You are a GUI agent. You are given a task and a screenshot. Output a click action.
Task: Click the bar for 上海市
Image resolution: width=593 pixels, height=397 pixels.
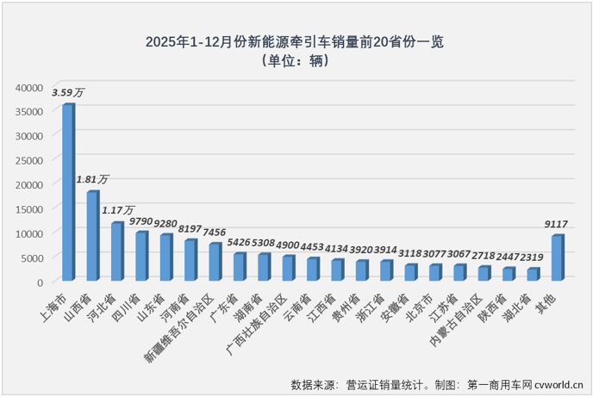[67, 193]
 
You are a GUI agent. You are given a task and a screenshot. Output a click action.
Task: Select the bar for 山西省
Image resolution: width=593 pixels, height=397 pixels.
[92, 236]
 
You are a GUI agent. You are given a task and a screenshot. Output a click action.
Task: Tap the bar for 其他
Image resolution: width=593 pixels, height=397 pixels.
[557, 257]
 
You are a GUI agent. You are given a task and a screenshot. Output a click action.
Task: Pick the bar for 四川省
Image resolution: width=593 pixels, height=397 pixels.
[141, 256]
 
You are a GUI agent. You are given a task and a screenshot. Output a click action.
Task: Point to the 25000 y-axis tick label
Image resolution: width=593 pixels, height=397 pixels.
[28, 160]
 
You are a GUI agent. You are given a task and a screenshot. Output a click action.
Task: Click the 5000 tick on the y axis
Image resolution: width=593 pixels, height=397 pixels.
[31, 257]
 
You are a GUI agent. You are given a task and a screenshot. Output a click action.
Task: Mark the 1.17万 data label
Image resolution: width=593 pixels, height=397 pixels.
[118, 209]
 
